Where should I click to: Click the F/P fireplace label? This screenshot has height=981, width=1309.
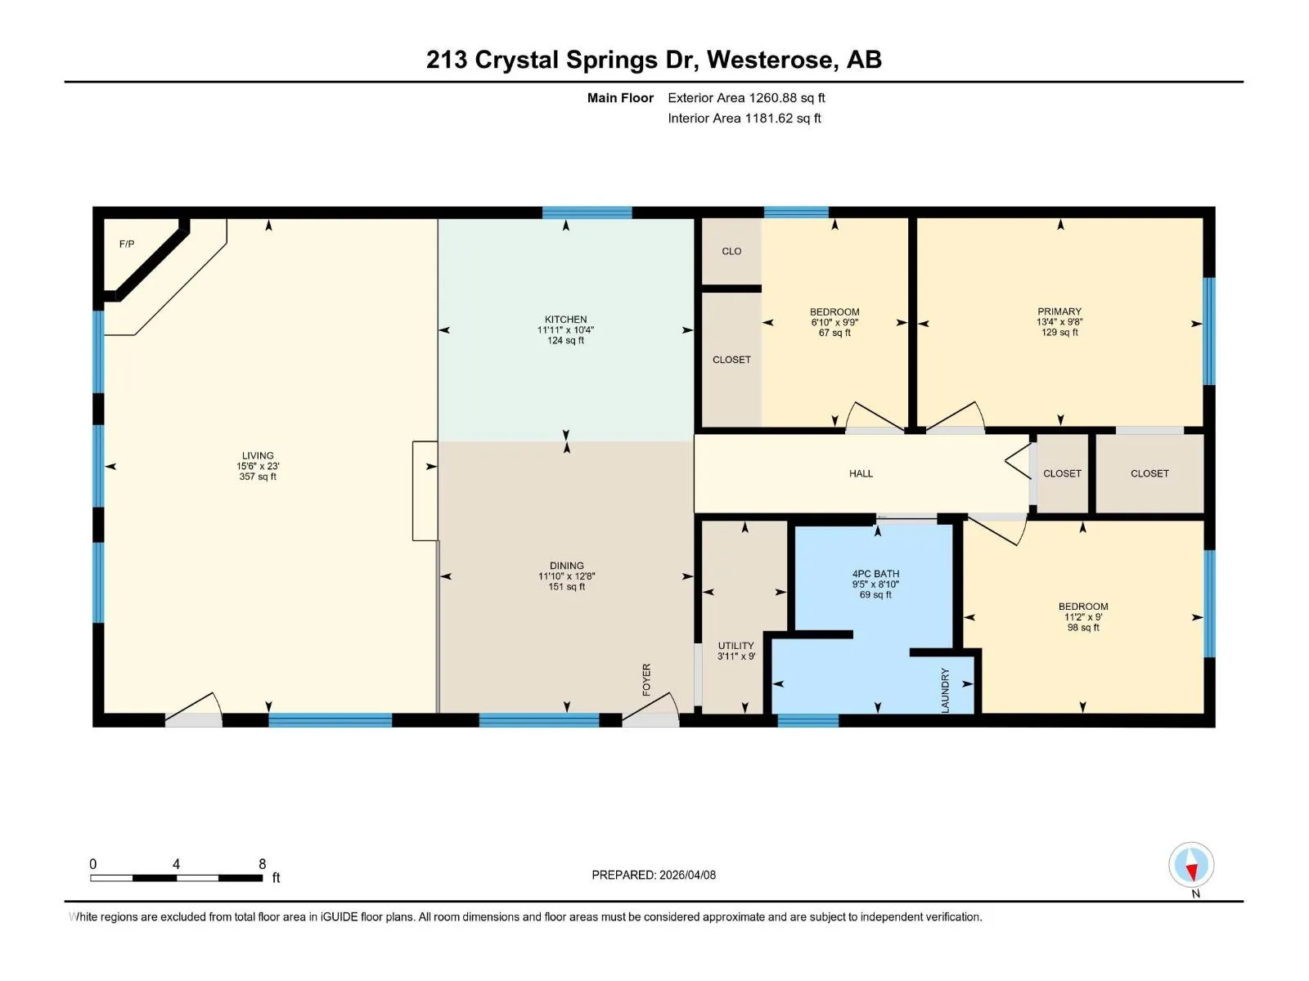tap(127, 244)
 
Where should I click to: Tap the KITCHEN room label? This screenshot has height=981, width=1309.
tap(565, 320)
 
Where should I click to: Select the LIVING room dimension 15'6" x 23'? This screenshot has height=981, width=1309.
tap(258, 466)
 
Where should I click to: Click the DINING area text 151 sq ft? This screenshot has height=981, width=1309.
tap(566, 587)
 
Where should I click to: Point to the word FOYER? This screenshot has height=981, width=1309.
tap(646, 679)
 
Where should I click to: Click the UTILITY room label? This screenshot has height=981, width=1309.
tap(735, 646)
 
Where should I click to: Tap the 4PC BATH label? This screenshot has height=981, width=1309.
tap(875, 574)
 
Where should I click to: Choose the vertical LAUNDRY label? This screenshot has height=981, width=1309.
tap(945, 690)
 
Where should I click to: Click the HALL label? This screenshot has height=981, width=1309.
tap(861, 473)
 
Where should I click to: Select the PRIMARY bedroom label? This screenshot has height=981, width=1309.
tap(1059, 311)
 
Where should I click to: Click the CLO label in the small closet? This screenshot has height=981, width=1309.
tap(731, 251)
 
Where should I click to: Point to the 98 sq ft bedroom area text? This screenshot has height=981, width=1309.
tap(1083, 627)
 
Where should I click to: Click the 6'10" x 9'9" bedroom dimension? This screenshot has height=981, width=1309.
tap(834, 322)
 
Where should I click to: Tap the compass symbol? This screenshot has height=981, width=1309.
tap(1191, 864)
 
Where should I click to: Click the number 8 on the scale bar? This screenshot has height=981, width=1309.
tap(263, 863)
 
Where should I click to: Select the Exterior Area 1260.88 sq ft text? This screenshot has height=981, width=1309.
tap(746, 97)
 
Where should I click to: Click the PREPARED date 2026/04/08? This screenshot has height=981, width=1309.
tap(687, 875)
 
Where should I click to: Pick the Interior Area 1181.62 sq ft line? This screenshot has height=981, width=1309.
tap(744, 118)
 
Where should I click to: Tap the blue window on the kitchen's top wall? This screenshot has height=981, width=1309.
tap(587, 213)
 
